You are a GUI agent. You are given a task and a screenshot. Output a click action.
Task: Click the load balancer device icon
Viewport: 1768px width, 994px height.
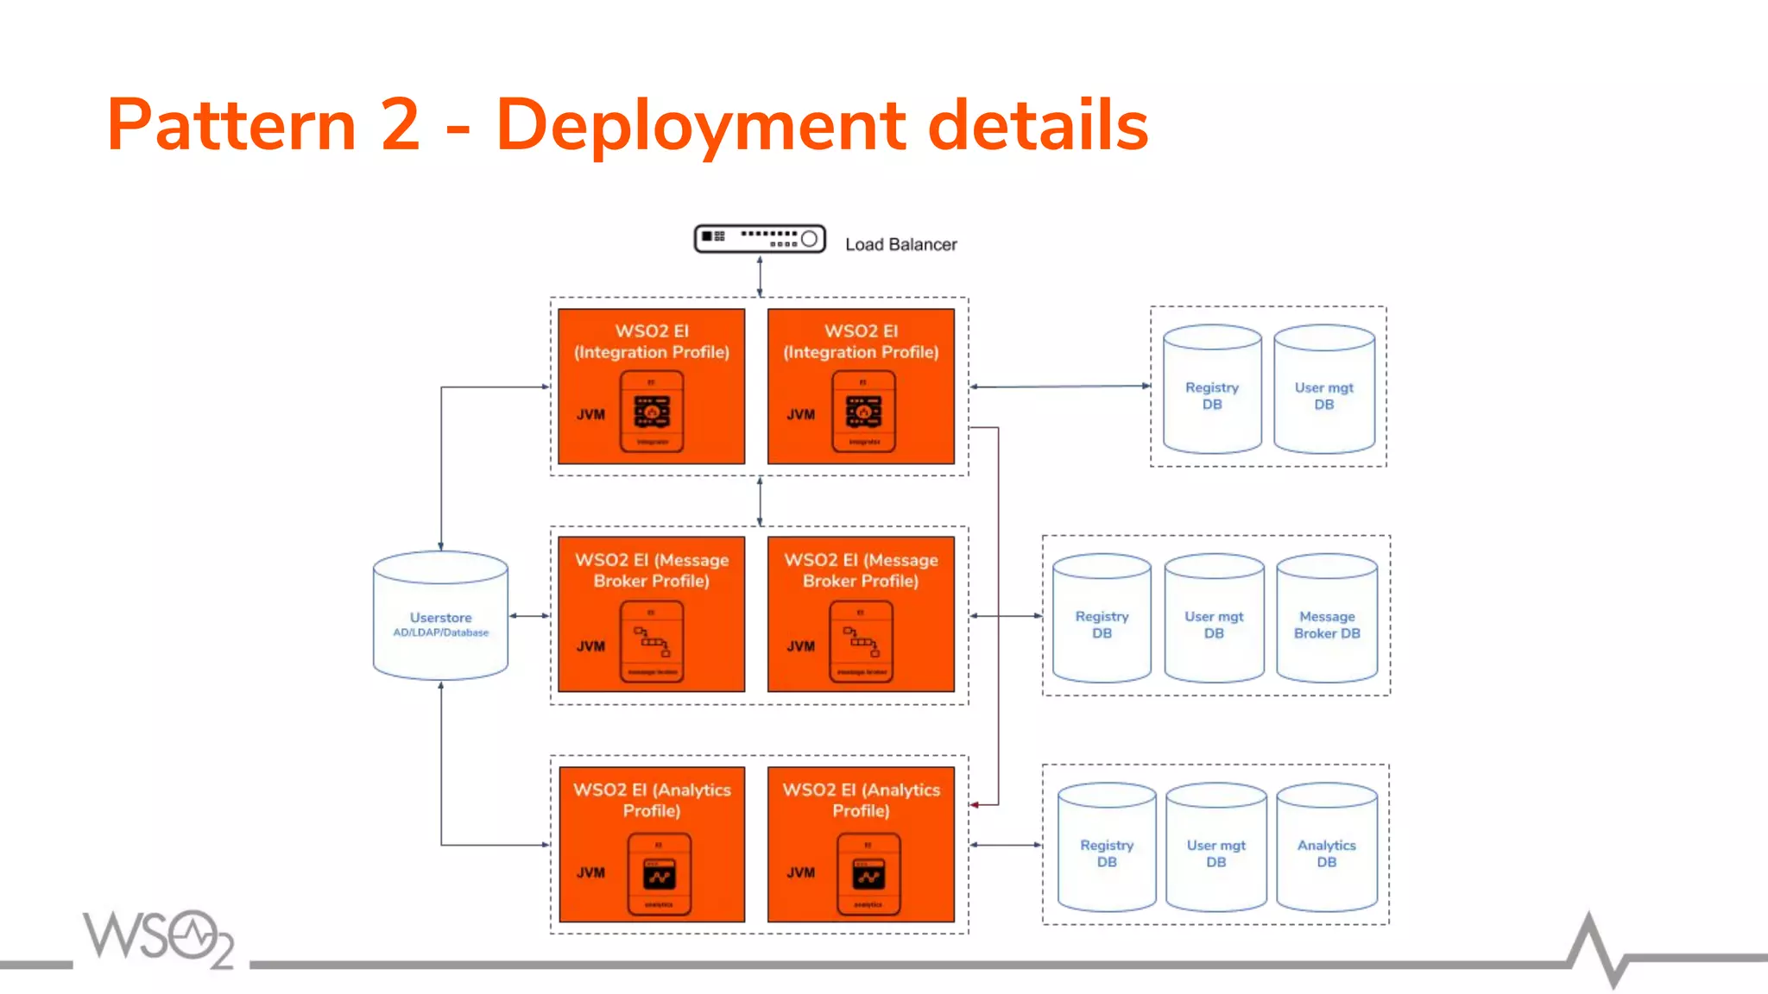pyautogui.click(x=760, y=238)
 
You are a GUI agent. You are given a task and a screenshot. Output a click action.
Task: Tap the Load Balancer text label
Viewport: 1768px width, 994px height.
pyautogui.click(x=900, y=245)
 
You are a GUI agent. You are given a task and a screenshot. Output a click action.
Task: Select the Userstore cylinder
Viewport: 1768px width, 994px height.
pyautogui.click(x=440, y=616)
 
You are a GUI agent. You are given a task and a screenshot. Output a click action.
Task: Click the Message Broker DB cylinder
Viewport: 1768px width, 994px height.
pyautogui.click(x=1327, y=619)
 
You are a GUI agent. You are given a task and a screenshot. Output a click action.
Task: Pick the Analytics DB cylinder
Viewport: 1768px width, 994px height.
pyautogui.click(x=1327, y=848)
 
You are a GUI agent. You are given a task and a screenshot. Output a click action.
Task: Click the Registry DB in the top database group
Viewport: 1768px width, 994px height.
pyautogui.click(x=1212, y=390)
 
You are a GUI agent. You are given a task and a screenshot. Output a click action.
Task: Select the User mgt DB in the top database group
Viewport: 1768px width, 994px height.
pyautogui.click(x=1324, y=390)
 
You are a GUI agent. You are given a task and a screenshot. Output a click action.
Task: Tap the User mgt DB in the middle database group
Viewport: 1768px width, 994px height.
pyautogui.click(x=1214, y=619)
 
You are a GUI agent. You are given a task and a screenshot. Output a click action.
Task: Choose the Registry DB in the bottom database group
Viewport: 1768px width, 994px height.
pyautogui.click(x=1107, y=848)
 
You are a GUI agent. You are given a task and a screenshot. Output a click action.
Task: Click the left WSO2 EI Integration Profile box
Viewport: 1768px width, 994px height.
pyautogui.click(x=652, y=386)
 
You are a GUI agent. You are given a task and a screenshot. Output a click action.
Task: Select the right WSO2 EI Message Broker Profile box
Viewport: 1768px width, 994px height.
pyautogui.click(x=861, y=613)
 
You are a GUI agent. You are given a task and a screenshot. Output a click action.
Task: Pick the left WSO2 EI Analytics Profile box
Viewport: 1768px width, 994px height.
pyautogui.click(x=652, y=844)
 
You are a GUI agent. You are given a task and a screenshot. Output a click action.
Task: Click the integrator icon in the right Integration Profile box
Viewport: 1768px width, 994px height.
pyautogui.click(x=863, y=412)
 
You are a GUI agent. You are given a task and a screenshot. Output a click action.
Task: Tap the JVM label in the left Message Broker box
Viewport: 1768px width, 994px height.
pyautogui.click(x=590, y=646)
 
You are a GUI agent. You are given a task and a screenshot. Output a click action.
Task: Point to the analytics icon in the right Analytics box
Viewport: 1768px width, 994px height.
pyautogui.click(x=868, y=874)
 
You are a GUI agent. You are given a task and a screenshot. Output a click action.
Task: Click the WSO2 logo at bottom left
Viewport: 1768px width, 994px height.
pyautogui.click(x=158, y=939)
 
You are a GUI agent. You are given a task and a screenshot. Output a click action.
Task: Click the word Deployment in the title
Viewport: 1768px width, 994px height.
pyautogui.click(x=700, y=126)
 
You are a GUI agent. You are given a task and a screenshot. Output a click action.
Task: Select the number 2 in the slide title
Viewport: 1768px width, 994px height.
pyautogui.click(x=400, y=126)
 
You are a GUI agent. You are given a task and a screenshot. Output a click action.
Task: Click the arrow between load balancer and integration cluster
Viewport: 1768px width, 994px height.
pyautogui.click(x=760, y=276)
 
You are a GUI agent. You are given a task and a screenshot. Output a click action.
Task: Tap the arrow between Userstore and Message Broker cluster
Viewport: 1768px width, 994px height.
pyautogui.click(x=529, y=616)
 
